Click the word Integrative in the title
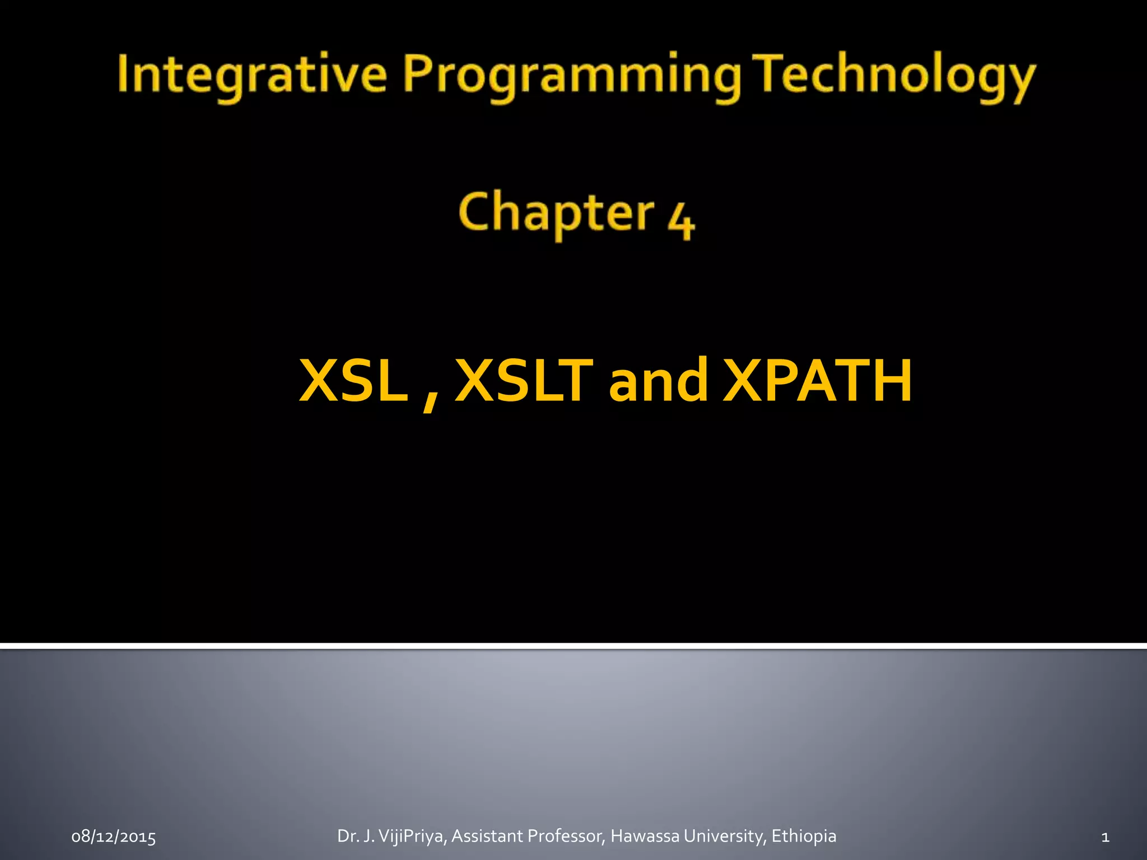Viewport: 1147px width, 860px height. (x=251, y=74)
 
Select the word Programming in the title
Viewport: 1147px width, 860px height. (x=571, y=76)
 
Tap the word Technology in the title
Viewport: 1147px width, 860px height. (x=895, y=76)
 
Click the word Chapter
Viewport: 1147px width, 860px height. (x=556, y=213)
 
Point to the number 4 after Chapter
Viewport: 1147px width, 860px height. (x=680, y=221)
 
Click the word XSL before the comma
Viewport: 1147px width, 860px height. (x=354, y=381)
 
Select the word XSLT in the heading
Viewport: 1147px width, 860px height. (x=524, y=381)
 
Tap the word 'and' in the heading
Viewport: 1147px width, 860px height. (x=658, y=381)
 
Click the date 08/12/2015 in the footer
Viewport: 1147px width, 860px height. (x=114, y=837)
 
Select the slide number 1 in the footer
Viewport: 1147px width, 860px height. (x=1105, y=837)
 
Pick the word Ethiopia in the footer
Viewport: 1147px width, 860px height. (x=804, y=836)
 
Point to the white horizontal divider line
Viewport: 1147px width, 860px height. (x=573, y=646)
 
